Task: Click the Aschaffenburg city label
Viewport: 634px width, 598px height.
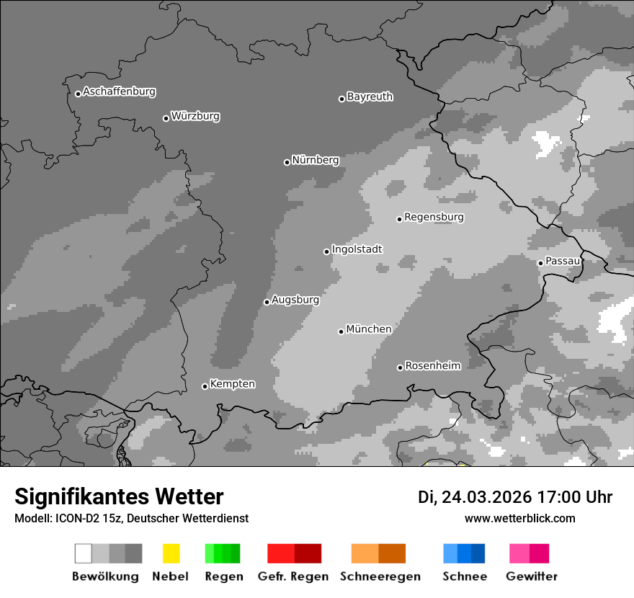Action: [119, 92]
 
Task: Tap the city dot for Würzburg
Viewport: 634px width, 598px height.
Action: [166, 118]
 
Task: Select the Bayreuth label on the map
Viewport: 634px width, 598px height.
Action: [370, 97]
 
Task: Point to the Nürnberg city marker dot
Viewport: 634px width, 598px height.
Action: [287, 162]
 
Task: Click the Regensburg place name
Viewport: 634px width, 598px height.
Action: [434, 217]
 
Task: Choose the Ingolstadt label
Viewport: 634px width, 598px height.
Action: [357, 249]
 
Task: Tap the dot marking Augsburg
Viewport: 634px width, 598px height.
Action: [267, 302]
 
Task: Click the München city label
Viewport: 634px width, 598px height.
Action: [369, 329]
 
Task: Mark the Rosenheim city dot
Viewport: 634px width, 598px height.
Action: [400, 367]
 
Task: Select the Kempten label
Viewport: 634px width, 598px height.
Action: [232, 384]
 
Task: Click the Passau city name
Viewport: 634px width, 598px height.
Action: [563, 261]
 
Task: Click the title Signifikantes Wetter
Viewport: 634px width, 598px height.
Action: [119, 496]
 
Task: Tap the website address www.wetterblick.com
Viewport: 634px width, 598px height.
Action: [519, 518]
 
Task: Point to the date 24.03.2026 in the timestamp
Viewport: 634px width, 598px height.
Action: [486, 497]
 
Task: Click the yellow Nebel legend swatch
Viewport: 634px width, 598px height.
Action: [171, 553]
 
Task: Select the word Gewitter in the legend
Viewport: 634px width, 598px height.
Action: [532, 576]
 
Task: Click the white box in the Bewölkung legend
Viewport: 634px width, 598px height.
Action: [84, 553]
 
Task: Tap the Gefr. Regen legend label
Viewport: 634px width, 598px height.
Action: [293, 576]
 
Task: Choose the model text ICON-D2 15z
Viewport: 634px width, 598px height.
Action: [84, 518]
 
